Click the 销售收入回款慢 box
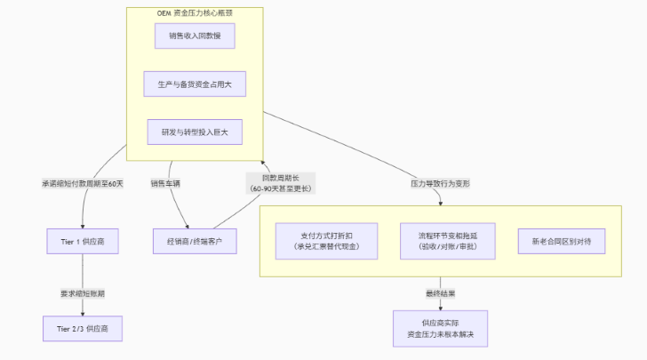(195, 36)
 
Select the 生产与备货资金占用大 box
(195, 84)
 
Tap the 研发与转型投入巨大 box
(195, 132)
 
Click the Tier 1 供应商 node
(83, 241)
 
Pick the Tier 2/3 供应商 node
(83, 328)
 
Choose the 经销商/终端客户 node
(195, 241)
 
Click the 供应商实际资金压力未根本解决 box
(441, 328)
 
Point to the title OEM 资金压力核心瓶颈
(195, 13)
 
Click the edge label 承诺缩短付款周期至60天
(83, 183)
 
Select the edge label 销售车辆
(165, 183)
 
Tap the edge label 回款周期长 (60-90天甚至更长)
(279, 183)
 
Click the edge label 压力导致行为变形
(440, 183)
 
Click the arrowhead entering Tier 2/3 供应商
(83, 312)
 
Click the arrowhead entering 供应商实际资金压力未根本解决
(441, 307)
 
